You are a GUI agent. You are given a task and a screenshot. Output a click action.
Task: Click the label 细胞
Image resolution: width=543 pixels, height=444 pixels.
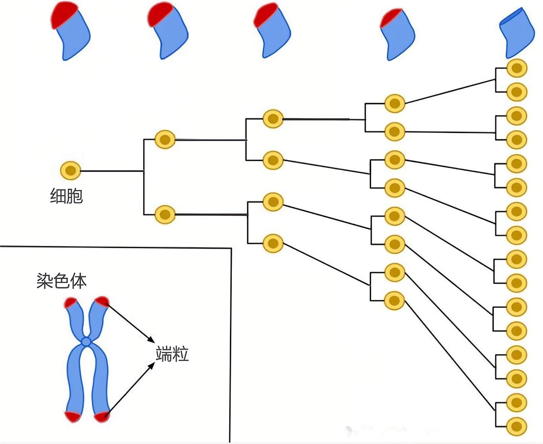point(66,196)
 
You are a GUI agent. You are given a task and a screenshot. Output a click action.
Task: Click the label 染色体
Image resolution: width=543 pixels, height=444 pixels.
point(61,281)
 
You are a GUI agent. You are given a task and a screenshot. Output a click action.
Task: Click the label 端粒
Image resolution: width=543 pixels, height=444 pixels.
point(172,354)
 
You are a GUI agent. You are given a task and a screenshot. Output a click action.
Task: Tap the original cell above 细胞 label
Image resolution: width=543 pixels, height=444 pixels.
point(71,171)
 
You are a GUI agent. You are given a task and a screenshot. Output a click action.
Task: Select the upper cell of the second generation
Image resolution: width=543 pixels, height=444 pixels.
point(165,139)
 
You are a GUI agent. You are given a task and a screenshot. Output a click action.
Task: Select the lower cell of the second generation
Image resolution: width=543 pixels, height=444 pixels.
point(165,214)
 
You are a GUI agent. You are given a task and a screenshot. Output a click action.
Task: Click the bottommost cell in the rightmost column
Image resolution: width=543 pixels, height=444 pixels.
point(517,426)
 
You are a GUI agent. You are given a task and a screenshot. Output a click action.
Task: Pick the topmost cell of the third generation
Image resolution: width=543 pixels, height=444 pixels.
point(273,119)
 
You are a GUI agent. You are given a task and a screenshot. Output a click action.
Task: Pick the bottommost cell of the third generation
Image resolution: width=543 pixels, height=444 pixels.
point(273,243)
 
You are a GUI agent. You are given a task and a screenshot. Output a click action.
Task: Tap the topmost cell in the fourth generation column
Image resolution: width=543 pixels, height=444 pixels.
point(395,103)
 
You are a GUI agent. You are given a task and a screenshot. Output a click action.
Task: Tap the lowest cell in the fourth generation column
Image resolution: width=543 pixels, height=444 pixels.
point(395,301)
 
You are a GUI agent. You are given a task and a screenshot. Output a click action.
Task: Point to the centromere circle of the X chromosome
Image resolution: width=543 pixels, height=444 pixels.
point(87,341)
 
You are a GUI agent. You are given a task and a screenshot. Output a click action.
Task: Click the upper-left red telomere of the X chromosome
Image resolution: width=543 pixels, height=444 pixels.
point(71,303)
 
